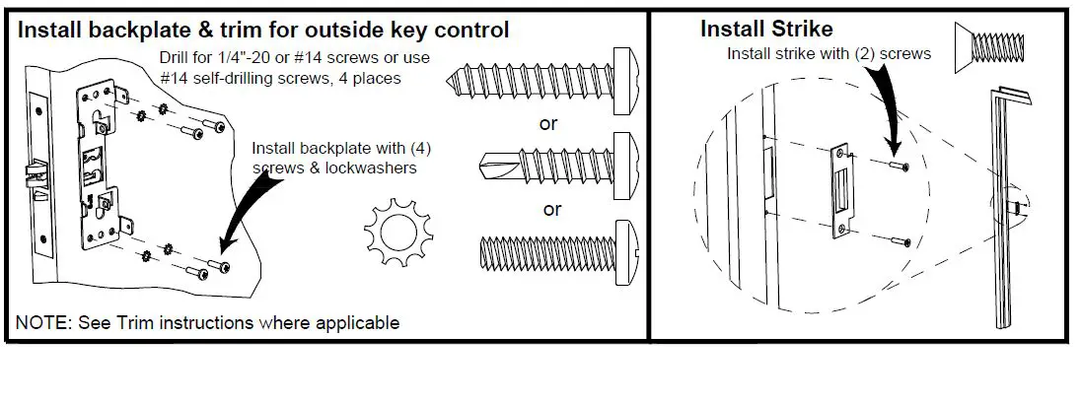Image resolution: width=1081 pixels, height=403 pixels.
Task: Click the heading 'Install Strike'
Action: click(x=765, y=28)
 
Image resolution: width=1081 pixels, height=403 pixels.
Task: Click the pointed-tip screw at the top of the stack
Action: click(x=542, y=77)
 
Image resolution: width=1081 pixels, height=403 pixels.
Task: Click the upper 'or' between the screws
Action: click(x=548, y=123)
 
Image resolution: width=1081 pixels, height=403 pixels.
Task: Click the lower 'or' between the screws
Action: click(x=552, y=209)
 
